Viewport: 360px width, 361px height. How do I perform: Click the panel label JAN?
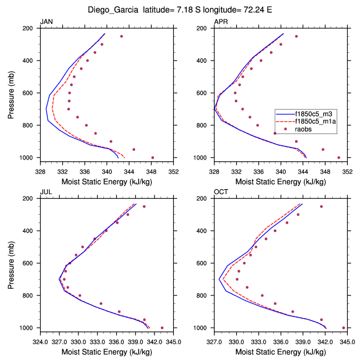tap(46, 22)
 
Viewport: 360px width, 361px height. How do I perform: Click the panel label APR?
tap(221, 22)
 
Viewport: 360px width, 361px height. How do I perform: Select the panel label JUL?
tap(46, 192)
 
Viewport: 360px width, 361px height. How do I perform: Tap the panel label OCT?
tap(221, 192)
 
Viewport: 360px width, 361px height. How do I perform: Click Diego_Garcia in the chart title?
tap(114, 9)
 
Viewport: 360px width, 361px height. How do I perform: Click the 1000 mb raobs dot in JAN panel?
tap(153, 157)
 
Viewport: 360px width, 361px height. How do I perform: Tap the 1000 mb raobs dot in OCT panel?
tap(343, 328)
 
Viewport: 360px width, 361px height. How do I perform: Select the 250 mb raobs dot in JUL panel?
tap(144, 206)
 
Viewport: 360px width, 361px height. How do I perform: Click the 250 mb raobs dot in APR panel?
tap(296, 36)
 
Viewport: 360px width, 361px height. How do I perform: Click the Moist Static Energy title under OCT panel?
tap(281, 352)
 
